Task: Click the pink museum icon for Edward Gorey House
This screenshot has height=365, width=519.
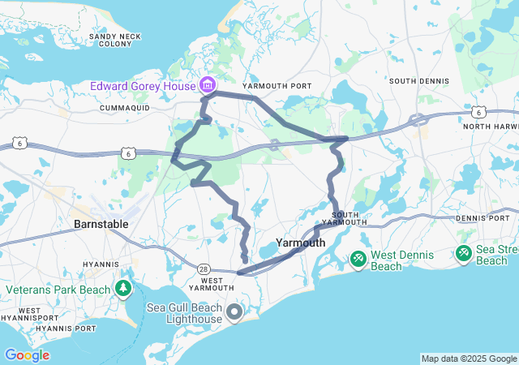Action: tap(208, 85)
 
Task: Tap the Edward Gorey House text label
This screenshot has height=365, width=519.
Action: tap(143, 85)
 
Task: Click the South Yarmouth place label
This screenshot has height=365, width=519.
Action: tap(345, 217)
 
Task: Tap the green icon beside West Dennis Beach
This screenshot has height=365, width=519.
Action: tap(358, 259)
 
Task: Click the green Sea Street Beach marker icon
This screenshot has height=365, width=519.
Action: tap(463, 254)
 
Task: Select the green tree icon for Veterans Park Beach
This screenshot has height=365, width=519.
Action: tap(122, 288)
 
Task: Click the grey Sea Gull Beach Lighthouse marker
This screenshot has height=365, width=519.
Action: tap(235, 311)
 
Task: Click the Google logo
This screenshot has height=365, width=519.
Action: tap(27, 355)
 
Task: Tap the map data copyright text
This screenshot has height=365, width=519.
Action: tap(469, 359)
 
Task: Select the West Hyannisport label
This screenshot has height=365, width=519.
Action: tap(30, 316)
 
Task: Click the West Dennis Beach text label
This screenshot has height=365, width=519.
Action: tap(402, 260)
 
